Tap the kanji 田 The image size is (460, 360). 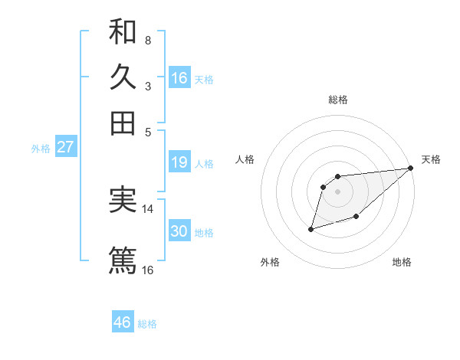[x=123, y=123]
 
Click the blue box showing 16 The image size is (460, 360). [x=179, y=77]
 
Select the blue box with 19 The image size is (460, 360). [x=179, y=162]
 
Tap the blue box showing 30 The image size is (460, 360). [x=179, y=231]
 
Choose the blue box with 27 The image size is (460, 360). [x=65, y=147]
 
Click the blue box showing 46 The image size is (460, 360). [x=122, y=322]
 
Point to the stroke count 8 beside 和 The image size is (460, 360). [x=147, y=40]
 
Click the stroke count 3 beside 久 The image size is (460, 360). [x=147, y=86]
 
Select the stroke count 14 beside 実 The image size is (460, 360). [x=148, y=208]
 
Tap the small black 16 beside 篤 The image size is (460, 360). [x=148, y=270]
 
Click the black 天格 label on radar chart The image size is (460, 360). [x=431, y=159]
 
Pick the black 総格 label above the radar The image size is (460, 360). [x=338, y=100]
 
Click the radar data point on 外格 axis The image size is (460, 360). [x=311, y=228]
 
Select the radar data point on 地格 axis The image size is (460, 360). [x=356, y=218]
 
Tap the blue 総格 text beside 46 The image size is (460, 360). [x=147, y=324]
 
